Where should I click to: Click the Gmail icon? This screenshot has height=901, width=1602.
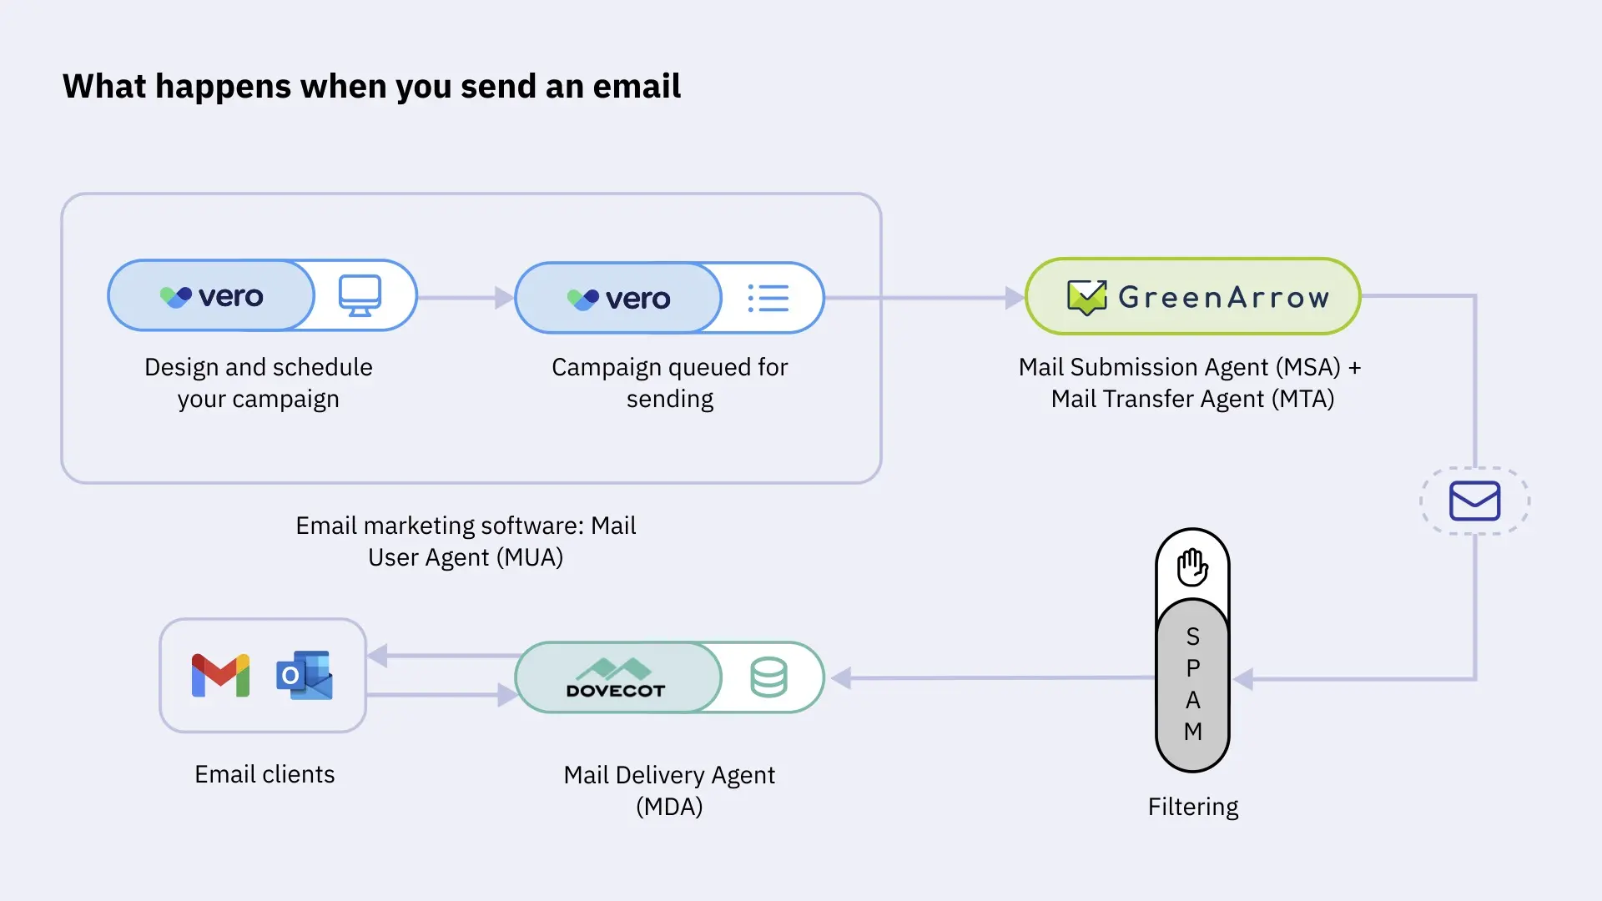[220, 675]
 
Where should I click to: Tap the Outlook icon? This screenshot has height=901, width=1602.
[305, 675]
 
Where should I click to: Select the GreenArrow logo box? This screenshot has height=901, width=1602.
[1193, 296]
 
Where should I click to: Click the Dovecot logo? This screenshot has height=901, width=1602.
[616, 678]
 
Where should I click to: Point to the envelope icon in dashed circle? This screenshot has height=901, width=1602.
[1474, 501]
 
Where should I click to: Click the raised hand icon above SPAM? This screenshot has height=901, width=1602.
[1192, 567]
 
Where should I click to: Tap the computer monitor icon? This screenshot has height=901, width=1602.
[360, 295]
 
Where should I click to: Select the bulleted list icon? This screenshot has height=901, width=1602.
[768, 298]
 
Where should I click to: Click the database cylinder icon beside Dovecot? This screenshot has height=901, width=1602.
[768, 677]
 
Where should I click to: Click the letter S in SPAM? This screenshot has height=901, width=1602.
[1193, 637]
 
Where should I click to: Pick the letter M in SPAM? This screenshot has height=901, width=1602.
[1193, 732]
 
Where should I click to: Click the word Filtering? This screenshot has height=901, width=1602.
[1193, 807]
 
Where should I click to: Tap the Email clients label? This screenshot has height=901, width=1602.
[264, 774]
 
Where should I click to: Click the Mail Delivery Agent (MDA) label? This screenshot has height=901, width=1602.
[669, 790]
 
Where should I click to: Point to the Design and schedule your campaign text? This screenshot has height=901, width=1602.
[259, 383]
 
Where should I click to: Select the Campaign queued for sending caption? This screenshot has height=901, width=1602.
[669, 383]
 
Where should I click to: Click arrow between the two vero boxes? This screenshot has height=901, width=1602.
[466, 298]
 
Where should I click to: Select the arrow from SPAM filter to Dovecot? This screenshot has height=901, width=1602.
[993, 678]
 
